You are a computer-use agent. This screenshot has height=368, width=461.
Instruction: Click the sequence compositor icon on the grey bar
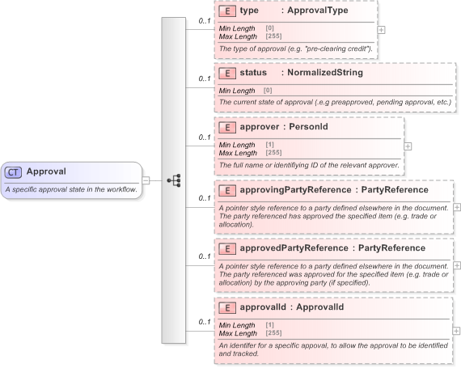coord(173,180)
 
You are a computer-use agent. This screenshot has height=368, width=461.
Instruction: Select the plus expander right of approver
coord(408,146)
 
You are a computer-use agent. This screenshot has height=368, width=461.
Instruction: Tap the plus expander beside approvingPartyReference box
coord(457,207)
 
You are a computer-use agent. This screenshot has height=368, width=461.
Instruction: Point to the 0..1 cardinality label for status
coord(205,79)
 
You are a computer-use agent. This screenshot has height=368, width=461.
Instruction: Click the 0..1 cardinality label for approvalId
coord(205,322)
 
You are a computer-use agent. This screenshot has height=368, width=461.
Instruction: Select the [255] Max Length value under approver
coord(273,153)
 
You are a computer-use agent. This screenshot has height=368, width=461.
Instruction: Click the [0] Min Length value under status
coord(268,90)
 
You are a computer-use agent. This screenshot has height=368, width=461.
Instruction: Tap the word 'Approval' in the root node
coord(46,171)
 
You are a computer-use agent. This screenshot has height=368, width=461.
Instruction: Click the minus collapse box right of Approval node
coord(146,180)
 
